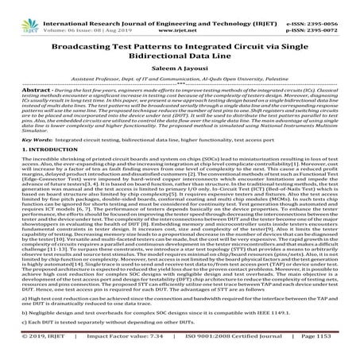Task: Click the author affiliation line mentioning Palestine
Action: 180,83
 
